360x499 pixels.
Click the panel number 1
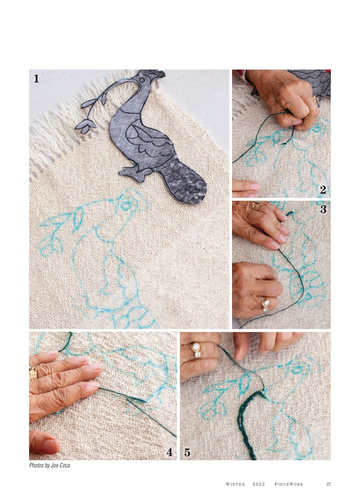tap(36, 78)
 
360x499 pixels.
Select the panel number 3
tap(323, 209)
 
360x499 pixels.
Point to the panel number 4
tap(170, 452)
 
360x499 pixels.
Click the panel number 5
tap(187, 452)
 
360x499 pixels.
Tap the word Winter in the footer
tap(235, 484)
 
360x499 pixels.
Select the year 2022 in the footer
tap(259, 484)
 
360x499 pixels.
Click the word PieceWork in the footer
tap(289, 484)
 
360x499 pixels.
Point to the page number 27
tap(329, 484)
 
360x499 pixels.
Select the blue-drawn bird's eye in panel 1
tap(126, 204)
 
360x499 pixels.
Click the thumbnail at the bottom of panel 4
tap(51, 446)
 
